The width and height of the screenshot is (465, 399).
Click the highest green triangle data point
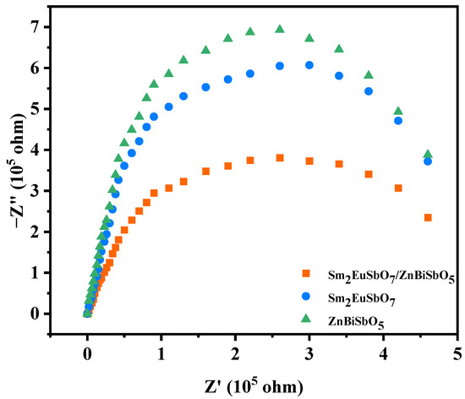coord(280,29)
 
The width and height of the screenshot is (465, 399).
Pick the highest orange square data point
coord(280,158)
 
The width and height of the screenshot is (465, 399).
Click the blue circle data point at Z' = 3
coord(309,65)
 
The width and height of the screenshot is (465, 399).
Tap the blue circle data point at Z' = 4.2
coord(398,121)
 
